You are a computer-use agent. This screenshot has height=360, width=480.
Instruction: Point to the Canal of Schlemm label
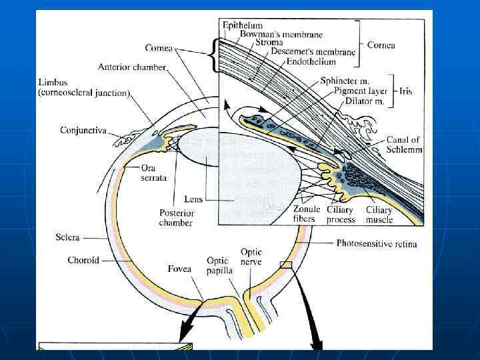(x=404, y=145)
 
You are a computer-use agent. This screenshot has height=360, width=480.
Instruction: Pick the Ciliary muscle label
(x=379, y=214)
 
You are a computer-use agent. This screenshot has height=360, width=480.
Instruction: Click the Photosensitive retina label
(x=377, y=243)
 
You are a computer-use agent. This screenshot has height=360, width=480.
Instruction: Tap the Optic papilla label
(x=217, y=265)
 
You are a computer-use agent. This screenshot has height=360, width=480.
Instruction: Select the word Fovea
(x=179, y=269)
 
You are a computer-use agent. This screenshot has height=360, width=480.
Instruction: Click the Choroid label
(x=83, y=260)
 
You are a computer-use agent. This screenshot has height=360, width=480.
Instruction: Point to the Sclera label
(x=69, y=237)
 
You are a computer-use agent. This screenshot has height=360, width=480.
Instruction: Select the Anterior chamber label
(x=131, y=67)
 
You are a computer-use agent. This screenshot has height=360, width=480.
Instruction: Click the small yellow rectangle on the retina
(x=286, y=265)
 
